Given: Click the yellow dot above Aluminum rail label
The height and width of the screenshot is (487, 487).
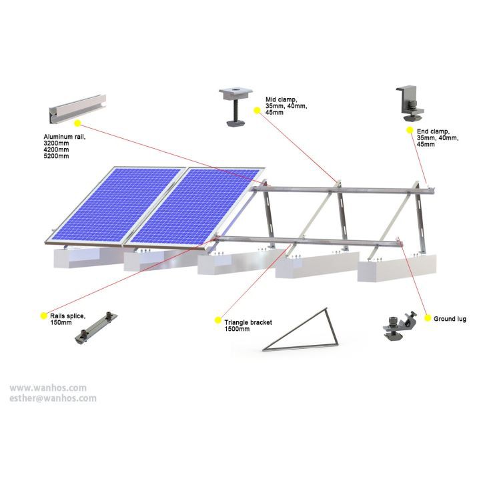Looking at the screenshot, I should coord(77,123).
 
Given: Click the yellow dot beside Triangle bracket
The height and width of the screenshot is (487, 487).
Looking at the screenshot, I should coord(217,321).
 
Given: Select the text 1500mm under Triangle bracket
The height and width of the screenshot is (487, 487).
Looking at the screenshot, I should coord(237,329).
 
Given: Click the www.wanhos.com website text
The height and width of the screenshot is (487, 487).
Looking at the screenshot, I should coord(48,387).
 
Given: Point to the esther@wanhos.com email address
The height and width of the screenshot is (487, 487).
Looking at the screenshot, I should coord(53,398).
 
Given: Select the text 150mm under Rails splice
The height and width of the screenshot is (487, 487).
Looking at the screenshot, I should coord(61,324).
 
